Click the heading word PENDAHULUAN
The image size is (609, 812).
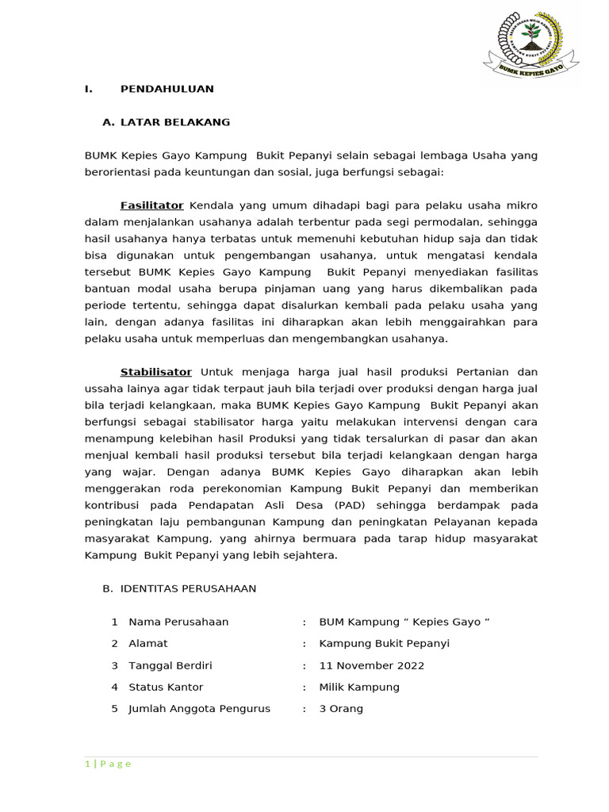(x=167, y=89)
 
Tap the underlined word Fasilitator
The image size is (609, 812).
(x=151, y=205)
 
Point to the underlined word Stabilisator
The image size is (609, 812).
(x=155, y=372)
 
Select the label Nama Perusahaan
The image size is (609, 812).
(x=178, y=622)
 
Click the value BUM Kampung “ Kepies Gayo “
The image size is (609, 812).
(x=404, y=622)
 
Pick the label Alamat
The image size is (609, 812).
(x=148, y=643)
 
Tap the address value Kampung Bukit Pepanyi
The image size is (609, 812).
(x=384, y=643)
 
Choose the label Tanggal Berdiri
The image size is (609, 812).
(x=170, y=665)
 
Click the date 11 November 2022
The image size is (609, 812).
(x=371, y=665)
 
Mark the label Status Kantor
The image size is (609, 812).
(x=166, y=687)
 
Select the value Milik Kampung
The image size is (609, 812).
(x=359, y=687)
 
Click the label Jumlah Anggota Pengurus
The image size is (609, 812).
(x=199, y=708)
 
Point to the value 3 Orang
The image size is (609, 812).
(x=341, y=708)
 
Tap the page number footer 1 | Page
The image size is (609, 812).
(x=108, y=764)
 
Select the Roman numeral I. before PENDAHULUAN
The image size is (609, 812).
(x=89, y=89)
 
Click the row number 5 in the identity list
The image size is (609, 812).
(x=114, y=708)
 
